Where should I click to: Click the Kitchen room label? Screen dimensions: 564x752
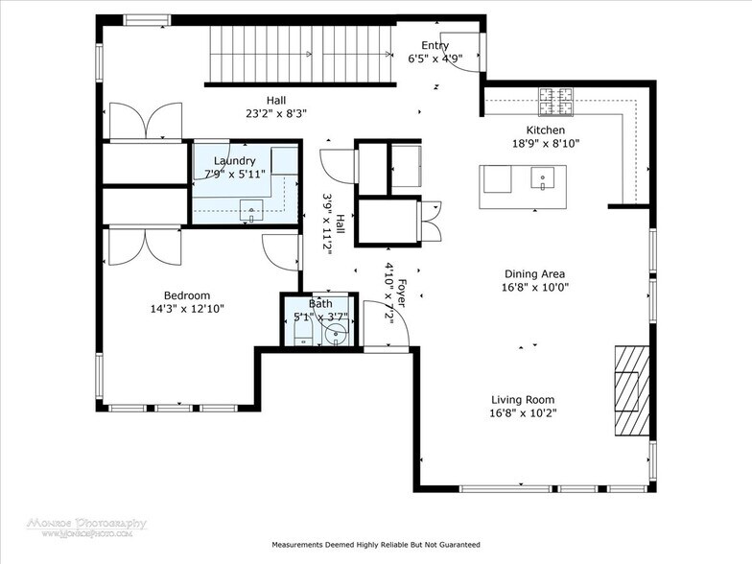(545, 130)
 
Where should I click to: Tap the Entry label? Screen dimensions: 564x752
(435, 45)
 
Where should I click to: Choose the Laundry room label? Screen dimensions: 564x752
(234, 161)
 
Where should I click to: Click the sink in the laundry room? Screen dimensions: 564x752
(251, 208)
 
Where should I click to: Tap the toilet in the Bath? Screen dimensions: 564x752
(301, 331)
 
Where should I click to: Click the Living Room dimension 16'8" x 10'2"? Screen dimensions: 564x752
(523, 413)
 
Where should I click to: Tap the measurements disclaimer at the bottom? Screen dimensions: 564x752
(375, 544)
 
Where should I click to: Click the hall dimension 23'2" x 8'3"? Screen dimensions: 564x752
(274, 112)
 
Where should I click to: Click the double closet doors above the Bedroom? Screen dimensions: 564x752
(144, 245)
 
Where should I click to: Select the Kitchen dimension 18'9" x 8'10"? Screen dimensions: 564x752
(545, 144)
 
